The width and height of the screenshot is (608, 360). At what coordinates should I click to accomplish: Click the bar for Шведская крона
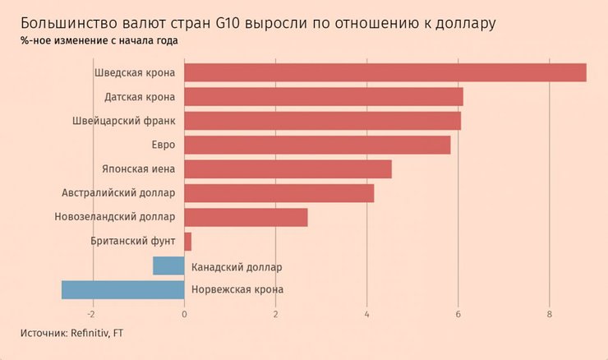pos(385,72)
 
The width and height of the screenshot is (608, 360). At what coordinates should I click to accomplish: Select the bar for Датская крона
pos(323,97)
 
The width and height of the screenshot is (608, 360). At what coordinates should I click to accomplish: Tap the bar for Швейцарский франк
pos(322,121)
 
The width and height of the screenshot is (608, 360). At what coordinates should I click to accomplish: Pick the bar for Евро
pos(317,145)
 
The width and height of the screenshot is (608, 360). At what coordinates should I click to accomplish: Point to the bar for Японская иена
pos(288,169)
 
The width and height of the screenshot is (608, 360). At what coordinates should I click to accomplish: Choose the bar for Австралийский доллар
pos(279,193)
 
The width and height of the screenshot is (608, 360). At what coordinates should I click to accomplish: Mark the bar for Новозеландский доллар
pos(246,217)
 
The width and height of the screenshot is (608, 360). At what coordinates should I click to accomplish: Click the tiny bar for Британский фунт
pos(187,242)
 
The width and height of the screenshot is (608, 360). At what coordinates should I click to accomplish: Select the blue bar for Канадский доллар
pos(168,265)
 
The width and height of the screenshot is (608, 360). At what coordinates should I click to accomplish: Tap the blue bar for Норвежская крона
pos(122,290)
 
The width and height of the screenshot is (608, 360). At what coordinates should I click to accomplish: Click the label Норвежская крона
pos(237,290)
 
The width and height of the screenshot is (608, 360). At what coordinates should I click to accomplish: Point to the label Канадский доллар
pos(236,266)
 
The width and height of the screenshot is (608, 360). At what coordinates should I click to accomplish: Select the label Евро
pos(163,145)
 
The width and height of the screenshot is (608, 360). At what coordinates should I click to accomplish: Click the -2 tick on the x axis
pos(92,313)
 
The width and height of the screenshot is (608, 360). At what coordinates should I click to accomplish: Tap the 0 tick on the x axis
pos(184,313)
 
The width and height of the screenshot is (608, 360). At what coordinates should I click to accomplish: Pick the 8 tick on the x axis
pos(549,313)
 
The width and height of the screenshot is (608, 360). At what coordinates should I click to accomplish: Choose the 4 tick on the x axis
pos(366,313)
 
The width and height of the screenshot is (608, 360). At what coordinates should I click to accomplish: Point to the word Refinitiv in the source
pos(89,333)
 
